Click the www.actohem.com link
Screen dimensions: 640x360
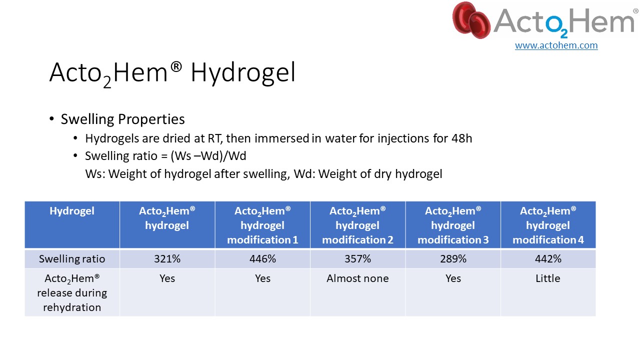click(556, 45)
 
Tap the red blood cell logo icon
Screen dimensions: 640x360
click(471, 20)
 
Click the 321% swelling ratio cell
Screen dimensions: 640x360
click(167, 259)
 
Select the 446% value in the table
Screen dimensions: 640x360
click(262, 259)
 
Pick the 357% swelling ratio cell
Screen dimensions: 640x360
click(357, 259)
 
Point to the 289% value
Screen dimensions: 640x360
click(453, 259)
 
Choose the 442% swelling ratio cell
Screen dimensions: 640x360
click(548, 259)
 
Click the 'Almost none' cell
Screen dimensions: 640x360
click(357, 278)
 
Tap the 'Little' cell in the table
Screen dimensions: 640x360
click(548, 278)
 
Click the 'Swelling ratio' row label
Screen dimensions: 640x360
click(72, 259)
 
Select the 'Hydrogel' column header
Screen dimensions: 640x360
click(72, 211)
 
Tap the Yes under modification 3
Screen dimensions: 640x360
click(453, 278)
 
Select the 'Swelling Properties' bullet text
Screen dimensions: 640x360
click(123, 119)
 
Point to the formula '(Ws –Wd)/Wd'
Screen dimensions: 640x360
click(208, 156)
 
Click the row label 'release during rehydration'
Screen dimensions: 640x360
click(72, 300)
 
